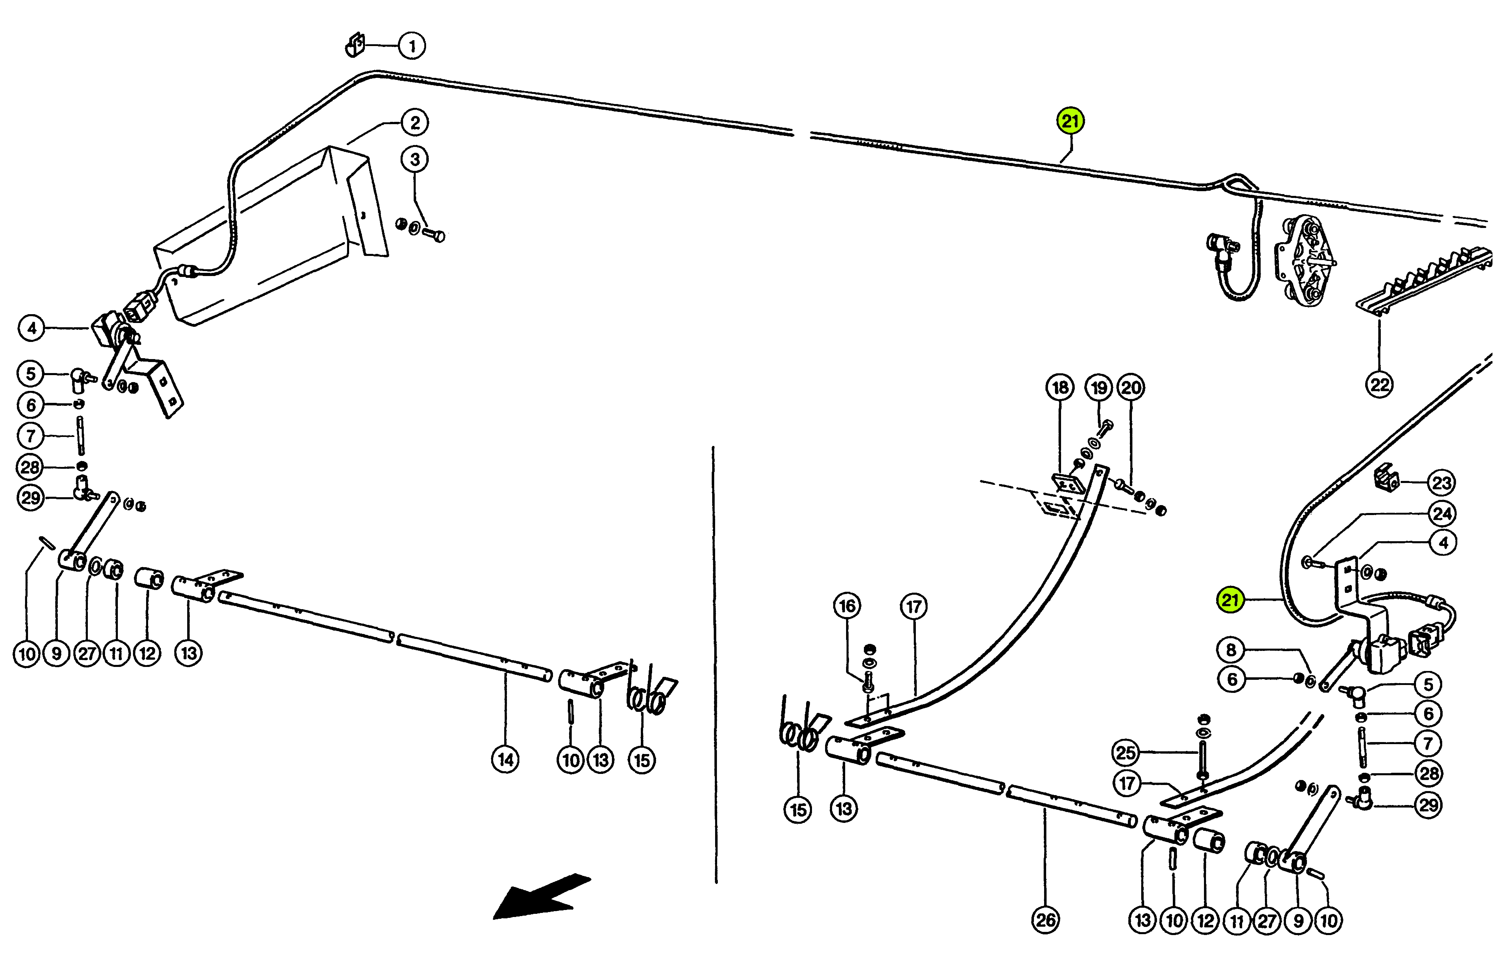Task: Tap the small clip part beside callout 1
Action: (x=356, y=45)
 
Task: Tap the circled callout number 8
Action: (x=1231, y=650)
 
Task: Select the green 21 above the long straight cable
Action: (x=1071, y=121)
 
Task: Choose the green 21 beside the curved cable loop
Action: (x=1230, y=600)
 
